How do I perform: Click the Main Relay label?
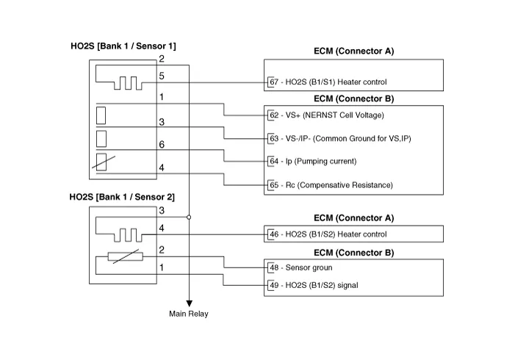click(x=189, y=314)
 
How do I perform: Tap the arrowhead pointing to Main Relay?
click(x=189, y=302)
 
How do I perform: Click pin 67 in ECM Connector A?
click(x=273, y=82)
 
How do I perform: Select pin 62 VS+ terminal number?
click(x=273, y=115)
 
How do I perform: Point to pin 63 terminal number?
click(x=273, y=138)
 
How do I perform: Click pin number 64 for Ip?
click(x=273, y=161)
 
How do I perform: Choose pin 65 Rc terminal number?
click(x=273, y=184)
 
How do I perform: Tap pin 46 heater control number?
click(x=273, y=234)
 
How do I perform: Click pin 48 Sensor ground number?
click(x=273, y=268)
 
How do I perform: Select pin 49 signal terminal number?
click(x=273, y=285)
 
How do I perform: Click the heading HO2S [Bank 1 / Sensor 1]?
click(x=123, y=46)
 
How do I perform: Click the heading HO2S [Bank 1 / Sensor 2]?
click(x=123, y=197)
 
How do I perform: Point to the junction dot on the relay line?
click(x=189, y=217)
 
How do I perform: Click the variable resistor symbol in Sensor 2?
click(x=124, y=256)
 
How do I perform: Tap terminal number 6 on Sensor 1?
click(x=162, y=145)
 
